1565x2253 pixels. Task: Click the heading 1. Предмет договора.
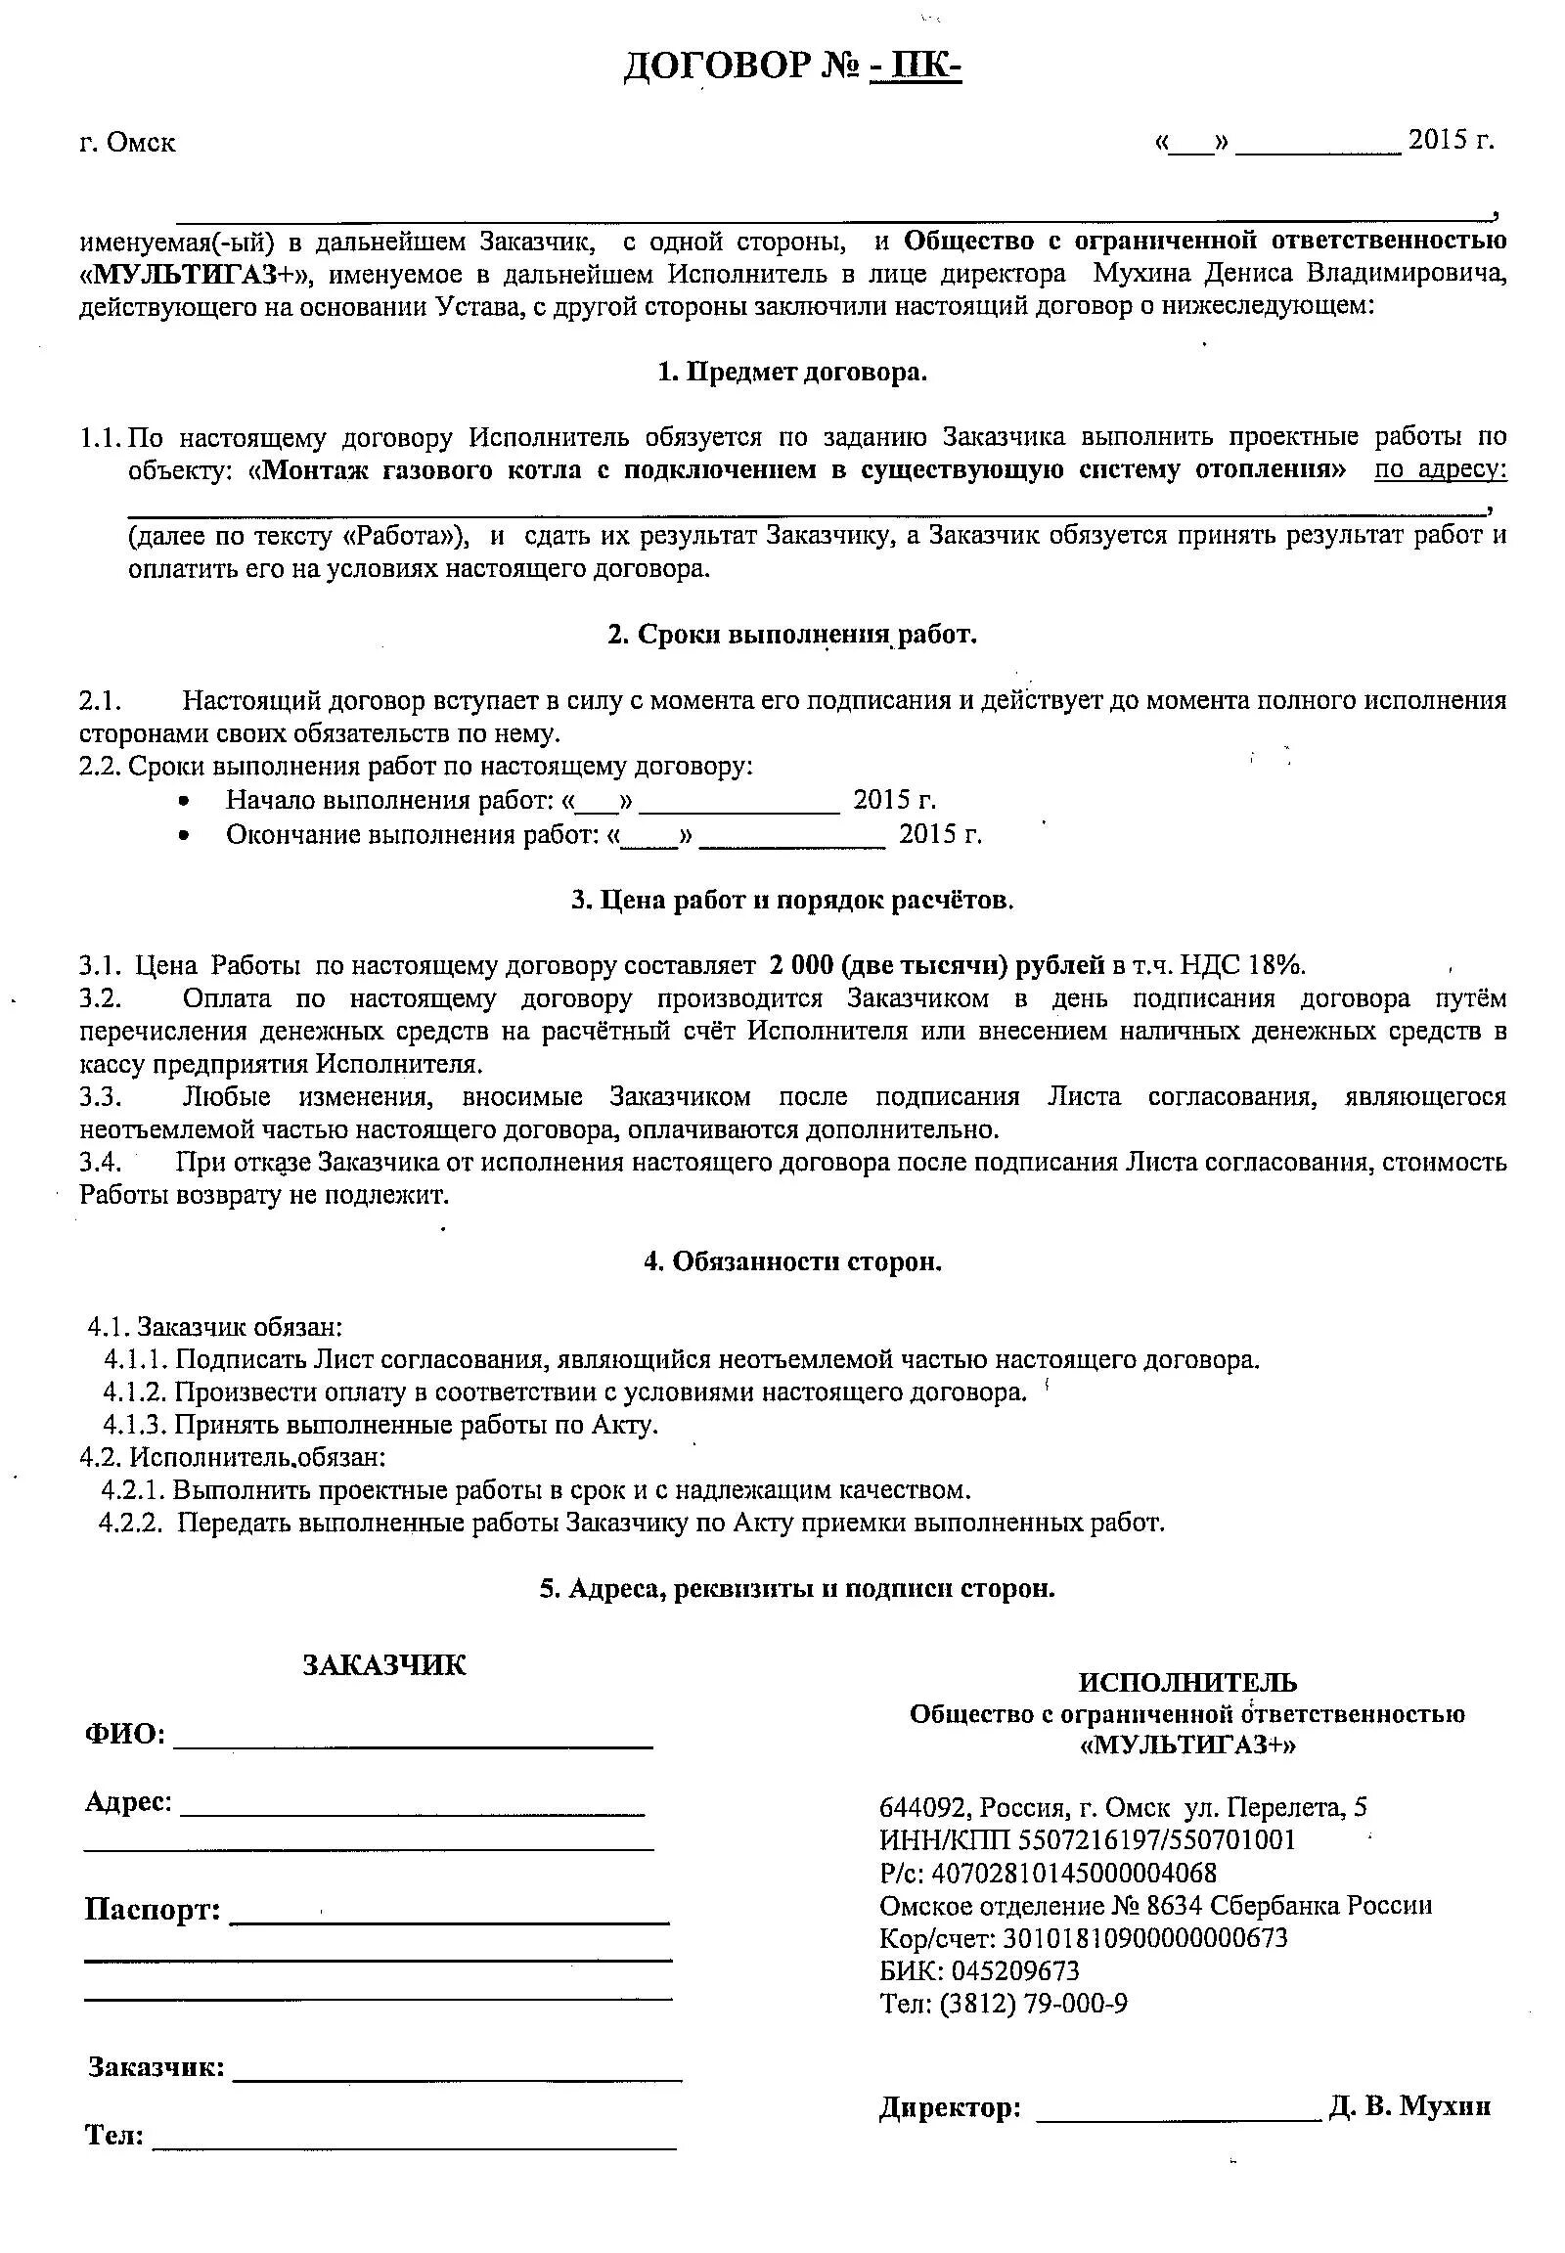coord(791,373)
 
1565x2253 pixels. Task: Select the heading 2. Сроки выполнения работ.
coord(792,635)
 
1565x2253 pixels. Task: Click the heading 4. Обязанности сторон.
coord(792,1261)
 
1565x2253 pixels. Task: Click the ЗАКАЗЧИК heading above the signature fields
coord(384,1664)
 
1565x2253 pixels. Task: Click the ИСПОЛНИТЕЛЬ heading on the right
coord(1187,1682)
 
